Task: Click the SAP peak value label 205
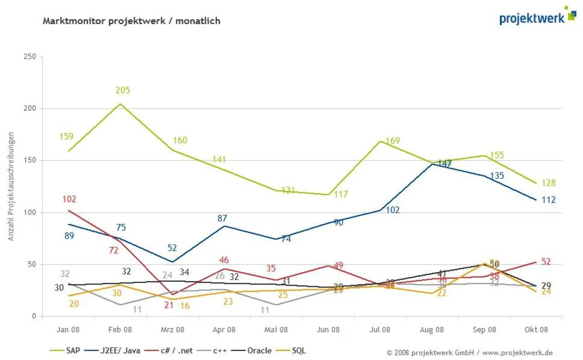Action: (x=122, y=90)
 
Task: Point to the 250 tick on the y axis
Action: (x=30, y=57)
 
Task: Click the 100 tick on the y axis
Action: (x=30, y=213)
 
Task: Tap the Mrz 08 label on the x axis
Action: (x=172, y=329)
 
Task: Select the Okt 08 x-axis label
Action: (x=536, y=329)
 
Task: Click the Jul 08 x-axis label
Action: (x=380, y=329)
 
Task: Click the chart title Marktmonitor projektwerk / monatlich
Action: (x=132, y=21)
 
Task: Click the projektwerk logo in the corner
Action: (x=537, y=17)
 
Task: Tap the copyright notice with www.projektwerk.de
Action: (x=469, y=353)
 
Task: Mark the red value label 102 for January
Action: (x=69, y=199)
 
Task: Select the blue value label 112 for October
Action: (x=549, y=200)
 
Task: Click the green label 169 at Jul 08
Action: (x=393, y=141)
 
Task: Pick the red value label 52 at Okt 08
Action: (x=546, y=262)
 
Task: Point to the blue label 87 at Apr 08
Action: (x=222, y=219)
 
